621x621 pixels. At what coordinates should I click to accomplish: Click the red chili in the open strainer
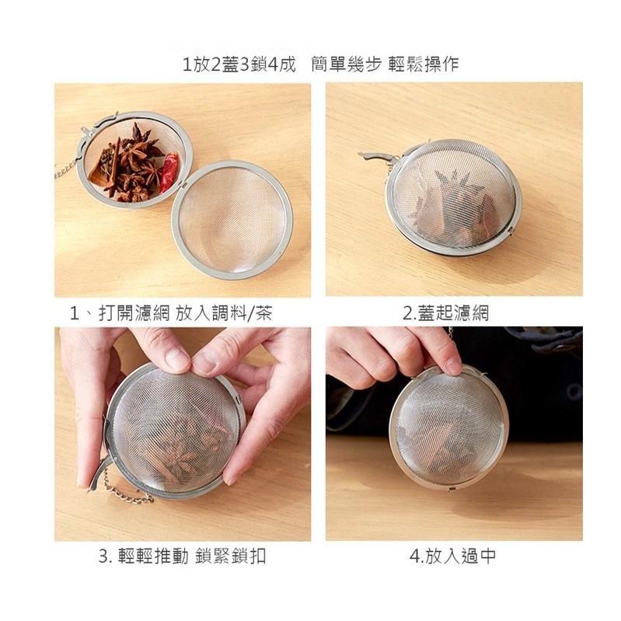click(x=169, y=172)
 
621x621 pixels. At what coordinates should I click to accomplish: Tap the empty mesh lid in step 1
click(x=232, y=219)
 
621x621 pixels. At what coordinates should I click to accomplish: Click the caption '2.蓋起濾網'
click(x=445, y=313)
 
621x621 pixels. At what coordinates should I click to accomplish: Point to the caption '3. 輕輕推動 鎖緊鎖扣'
click(x=182, y=556)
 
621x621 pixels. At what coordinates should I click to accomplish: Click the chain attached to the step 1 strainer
click(x=65, y=169)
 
